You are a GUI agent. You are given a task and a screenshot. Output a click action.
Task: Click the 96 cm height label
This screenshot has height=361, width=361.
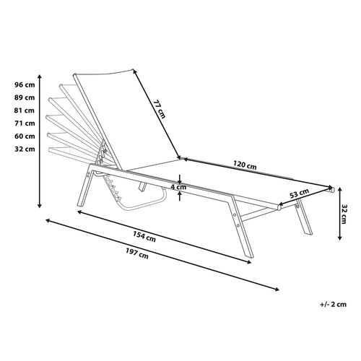[x=25, y=84]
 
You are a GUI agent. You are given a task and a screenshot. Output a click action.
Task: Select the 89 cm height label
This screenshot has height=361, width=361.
[x=25, y=97]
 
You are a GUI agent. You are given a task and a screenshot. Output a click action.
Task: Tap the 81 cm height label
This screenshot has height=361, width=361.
[x=25, y=110]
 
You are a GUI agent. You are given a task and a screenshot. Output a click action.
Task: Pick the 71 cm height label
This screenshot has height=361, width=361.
[x=25, y=123]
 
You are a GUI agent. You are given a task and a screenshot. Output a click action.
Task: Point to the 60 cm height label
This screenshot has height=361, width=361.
[x=25, y=136]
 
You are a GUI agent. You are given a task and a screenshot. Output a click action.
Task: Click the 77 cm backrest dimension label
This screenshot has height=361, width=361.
[x=160, y=109]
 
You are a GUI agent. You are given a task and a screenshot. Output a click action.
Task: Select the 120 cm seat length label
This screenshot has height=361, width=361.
[x=245, y=165]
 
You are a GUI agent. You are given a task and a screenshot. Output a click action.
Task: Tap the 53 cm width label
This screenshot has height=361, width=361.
[x=299, y=193]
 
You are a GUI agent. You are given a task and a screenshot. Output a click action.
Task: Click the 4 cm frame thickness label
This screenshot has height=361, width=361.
[x=178, y=187]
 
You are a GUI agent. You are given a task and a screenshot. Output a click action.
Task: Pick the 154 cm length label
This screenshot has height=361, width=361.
[x=144, y=236]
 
